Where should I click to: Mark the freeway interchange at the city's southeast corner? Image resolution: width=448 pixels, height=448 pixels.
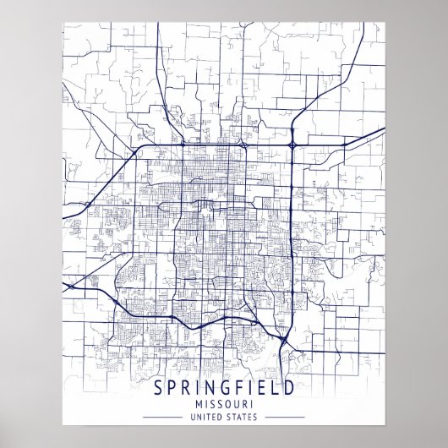[285, 337]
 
